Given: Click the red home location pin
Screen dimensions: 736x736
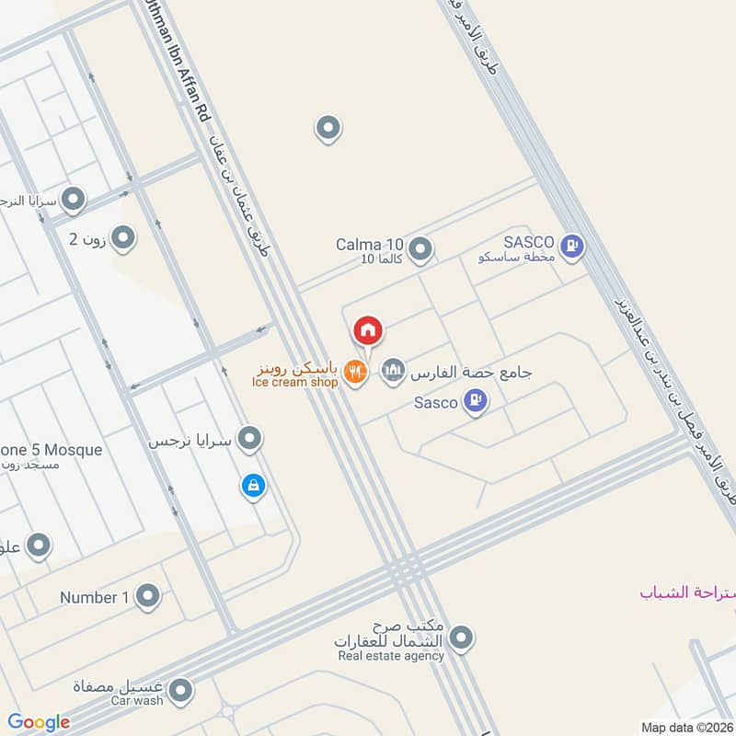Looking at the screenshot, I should click(368, 330).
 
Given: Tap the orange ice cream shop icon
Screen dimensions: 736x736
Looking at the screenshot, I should click(355, 372).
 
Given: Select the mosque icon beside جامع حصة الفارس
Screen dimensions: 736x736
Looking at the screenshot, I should click(393, 372).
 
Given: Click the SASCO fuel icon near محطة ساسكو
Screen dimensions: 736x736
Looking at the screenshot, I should click(572, 246).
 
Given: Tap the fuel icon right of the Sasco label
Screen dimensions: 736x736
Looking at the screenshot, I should click(475, 401).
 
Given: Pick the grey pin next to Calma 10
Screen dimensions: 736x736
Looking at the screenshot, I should click(420, 248).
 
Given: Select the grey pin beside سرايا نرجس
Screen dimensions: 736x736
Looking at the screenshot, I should click(249, 439).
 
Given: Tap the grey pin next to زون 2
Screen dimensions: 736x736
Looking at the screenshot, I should click(123, 239).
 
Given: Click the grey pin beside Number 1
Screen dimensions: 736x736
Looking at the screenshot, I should click(147, 597).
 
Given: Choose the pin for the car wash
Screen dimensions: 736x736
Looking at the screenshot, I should click(181, 688).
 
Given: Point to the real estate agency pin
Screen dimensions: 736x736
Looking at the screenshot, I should click(462, 637).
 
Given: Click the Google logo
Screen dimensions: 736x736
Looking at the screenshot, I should click(39, 722).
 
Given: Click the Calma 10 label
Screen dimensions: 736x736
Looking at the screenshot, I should click(369, 244).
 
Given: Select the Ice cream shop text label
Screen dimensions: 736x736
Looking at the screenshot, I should click(294, 383).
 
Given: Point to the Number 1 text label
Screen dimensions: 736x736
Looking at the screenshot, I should click(95, 598).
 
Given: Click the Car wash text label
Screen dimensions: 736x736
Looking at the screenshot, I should click(137, 701).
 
